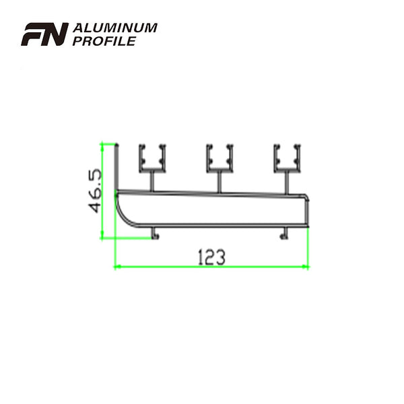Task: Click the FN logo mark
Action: tap(44, 34)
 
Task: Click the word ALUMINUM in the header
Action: tap(114, 28)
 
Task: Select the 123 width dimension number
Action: tap(211, 257)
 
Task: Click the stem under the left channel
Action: tap(153, 180)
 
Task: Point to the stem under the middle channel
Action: tap(220, 180)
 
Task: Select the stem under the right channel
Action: tap(288, 180)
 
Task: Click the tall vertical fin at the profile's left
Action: tap(116, 168)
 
